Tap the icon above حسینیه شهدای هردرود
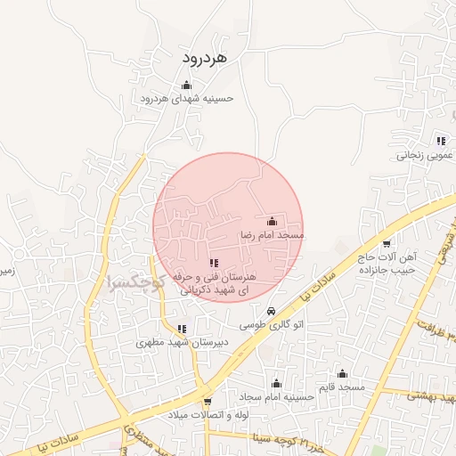pos(186,85)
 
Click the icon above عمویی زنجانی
pos(441,141)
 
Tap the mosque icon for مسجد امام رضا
pos(272,221)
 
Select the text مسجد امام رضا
pos(272,235)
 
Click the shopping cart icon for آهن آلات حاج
pos(386,243)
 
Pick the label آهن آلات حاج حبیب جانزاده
pos(389,263)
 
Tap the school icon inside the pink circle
pos(213,263)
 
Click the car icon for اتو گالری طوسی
pos(270,311)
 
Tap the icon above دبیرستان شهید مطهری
pos(182,329)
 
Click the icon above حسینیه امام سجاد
pos(276,384)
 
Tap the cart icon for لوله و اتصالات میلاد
pos(208,402)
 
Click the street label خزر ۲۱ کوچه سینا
pos(267,438)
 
